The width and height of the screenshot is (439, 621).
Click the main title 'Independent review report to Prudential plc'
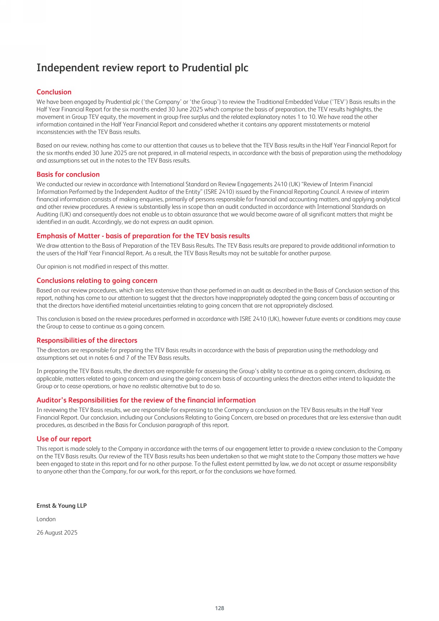[142, 68]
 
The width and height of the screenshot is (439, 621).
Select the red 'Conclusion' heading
[54, 92]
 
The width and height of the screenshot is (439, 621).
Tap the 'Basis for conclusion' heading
[68, 175]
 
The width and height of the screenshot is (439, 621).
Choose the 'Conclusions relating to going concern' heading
[97, 281]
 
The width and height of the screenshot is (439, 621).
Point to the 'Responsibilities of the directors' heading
[87, 340]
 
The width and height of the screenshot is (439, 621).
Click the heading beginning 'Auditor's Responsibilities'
[146, 400]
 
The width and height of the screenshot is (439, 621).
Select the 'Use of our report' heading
[64, 439]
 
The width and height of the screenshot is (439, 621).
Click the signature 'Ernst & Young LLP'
[61, 506]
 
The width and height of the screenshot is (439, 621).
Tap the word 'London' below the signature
[46, 519]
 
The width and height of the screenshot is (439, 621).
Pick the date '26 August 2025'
[57, 533]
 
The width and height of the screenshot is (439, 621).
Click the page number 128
[219, 608]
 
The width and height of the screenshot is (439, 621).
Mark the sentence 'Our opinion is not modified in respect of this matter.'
[102, 267]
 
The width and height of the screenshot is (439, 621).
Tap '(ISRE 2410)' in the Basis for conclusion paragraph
[219, 192]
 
